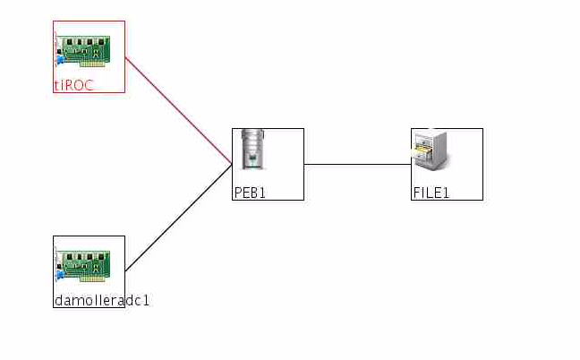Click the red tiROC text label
[x=74, y=86]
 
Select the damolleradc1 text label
[x=101, y=301]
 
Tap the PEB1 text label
[x=250, y=193]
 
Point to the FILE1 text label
[x=431, y=193]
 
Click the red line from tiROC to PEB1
[x=179, y=111]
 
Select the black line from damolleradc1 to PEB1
[x=179, y=218]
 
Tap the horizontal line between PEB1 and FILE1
[x=358, y=165]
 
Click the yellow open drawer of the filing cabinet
[x=423, y=155]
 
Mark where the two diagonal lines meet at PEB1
[x=233, y=165]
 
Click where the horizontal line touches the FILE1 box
[x=412, y=165]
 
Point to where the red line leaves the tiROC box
[x=125, y=57]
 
